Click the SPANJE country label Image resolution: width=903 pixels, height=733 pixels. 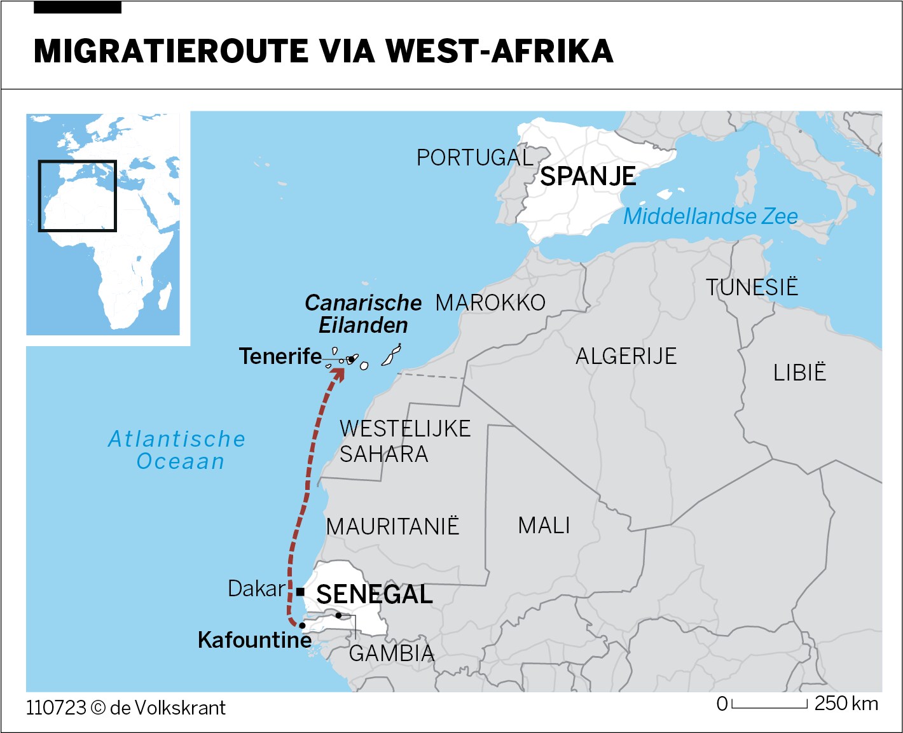tap(588, 176)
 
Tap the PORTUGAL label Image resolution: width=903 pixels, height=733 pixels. tap(474, 158)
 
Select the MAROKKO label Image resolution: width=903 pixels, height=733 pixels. tap(490, 303)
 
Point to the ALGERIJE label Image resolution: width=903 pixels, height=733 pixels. tap(626, 356)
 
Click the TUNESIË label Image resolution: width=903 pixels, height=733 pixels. tap(751, 287)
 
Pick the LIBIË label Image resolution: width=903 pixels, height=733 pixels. tap(799, 373)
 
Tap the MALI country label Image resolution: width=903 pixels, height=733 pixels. tap(544, 526)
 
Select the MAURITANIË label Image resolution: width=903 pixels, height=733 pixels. tap(392, 527)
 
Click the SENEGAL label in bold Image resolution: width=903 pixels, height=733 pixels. tap(375, 595)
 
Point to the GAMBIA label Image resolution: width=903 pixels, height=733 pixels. tap(392, 653)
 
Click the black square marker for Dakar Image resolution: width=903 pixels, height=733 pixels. tap(300, 592)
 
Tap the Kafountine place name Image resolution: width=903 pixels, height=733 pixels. tap(254, 640)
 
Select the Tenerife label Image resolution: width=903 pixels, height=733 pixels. tap(280, 356)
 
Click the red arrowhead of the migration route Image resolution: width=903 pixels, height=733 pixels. tap(339, 373)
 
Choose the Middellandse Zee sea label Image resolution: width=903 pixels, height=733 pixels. tap(710, 216)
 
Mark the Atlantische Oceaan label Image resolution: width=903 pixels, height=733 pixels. tap(177, 450)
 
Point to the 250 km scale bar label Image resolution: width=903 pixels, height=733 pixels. tap(846, 704)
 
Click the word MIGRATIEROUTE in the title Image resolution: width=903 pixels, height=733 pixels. tap(171, 52)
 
